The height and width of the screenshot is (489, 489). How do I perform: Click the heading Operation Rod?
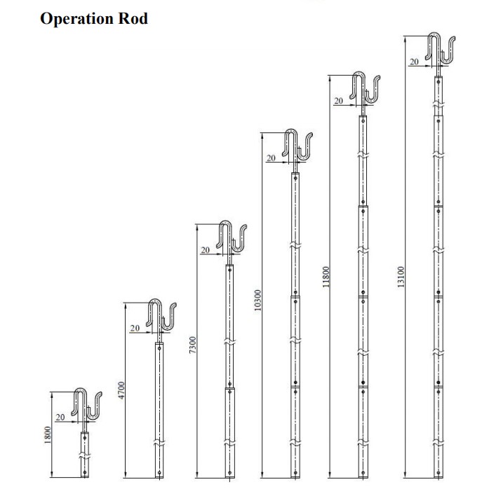tap(94, 19)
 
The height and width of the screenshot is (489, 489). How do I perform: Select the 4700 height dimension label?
tap(121, 391)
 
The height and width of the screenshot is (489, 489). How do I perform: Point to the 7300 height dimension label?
tap(193, 346)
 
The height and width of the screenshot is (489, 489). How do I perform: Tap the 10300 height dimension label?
tap(257, 299)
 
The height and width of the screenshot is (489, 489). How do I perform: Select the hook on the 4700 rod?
tap(162, 317)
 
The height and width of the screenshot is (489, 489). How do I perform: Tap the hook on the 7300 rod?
tap(233, 238)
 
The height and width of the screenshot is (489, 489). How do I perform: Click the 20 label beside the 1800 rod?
tap(60, 417)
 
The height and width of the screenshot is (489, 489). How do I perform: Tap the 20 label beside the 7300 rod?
tap(206, 250)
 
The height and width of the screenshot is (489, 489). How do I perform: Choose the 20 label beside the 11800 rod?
tap(338, 101)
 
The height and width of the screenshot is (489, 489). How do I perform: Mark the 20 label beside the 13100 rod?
tap(414, 62)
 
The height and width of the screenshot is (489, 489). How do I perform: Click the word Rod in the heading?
tap(133, 19)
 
